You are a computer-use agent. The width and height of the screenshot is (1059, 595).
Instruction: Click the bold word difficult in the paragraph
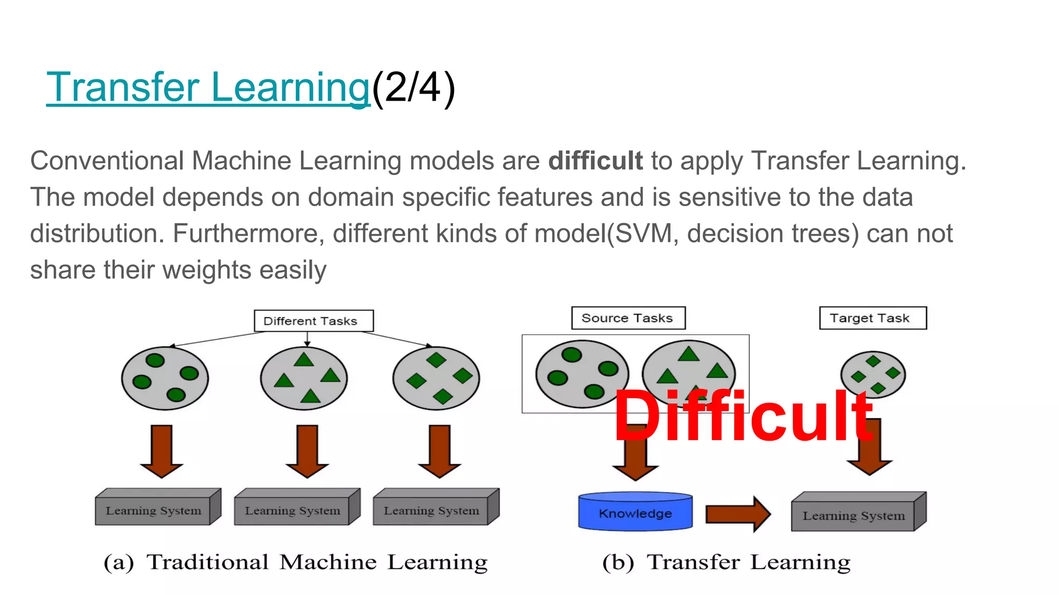point(595,161)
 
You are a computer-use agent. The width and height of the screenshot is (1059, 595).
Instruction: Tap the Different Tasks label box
point(313,321)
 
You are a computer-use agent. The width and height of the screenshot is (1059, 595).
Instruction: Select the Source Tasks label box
point(628,318)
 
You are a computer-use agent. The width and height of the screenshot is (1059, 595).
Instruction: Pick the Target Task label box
point(872,318)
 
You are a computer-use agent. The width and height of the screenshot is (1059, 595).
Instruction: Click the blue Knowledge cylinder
point(635,511)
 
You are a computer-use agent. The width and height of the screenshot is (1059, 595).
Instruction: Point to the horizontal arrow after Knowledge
point(738,513)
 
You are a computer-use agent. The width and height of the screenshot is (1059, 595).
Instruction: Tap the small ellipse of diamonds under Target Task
point(872,374)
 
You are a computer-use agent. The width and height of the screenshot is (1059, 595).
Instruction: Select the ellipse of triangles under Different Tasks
point(304,378)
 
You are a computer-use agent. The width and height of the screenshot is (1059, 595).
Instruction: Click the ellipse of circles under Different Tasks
point(165,378)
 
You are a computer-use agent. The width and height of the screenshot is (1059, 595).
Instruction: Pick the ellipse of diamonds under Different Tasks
point(436,378)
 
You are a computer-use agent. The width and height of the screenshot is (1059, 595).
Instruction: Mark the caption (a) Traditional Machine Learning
point(295,562)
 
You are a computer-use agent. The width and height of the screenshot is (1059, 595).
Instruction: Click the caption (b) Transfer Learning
point(726,562)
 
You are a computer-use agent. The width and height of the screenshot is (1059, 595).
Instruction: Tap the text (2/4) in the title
point(413,88)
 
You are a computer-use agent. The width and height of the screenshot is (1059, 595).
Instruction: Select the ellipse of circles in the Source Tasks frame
point(582,374)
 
